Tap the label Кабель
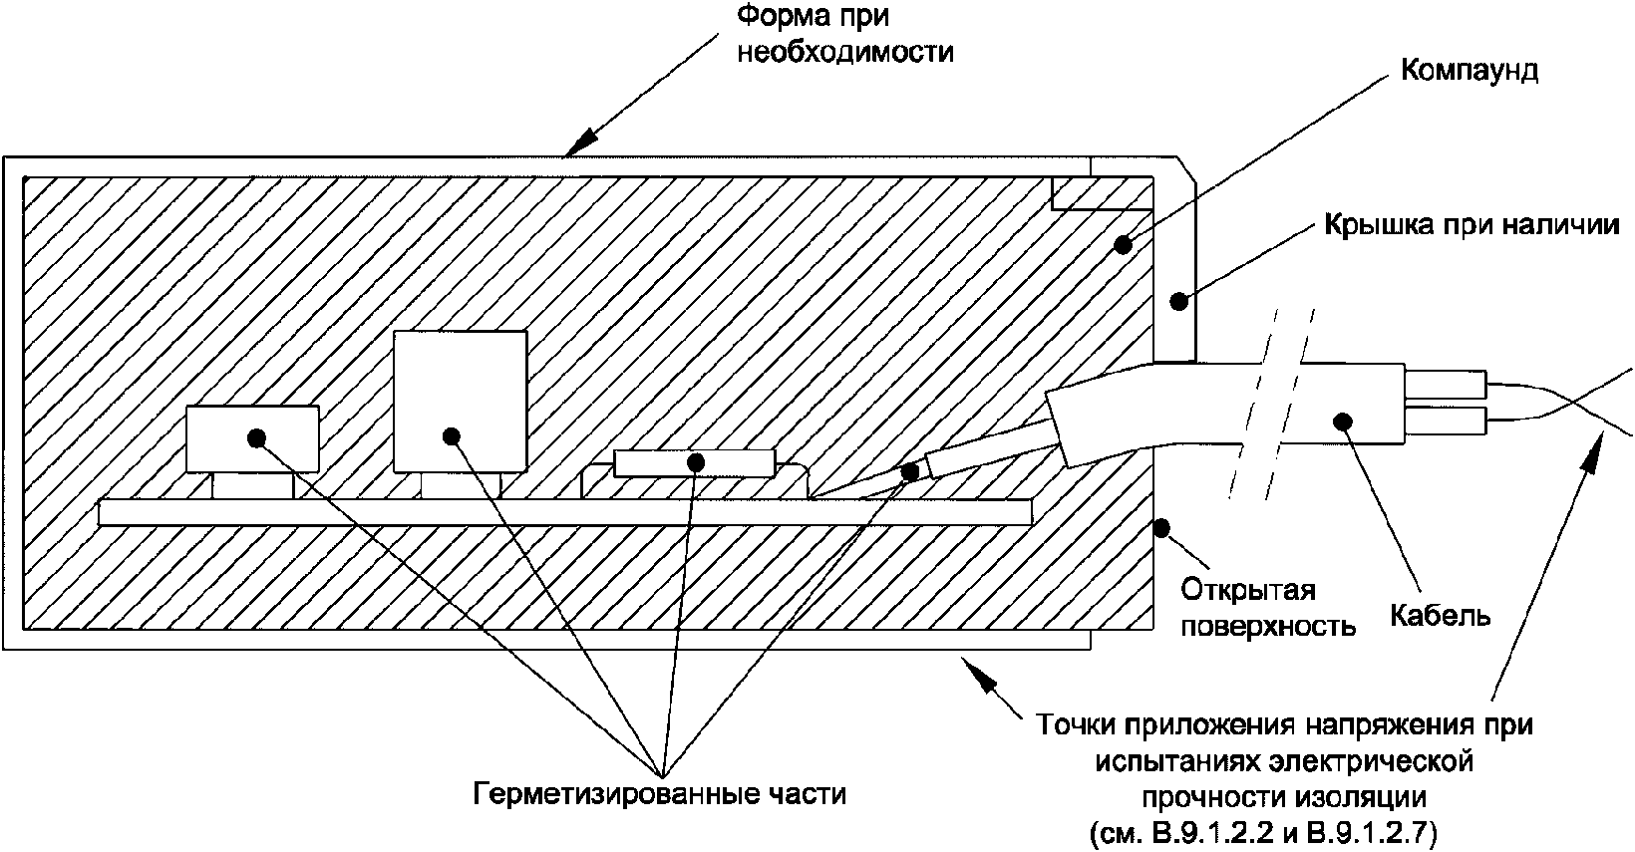pyautogui.click(x=1441, y=615)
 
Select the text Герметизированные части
pyautogui.click(x=659, y=793)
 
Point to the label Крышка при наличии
pyautogui.click(x=1471, y=224)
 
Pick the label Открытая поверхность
pyautogui.click(x=1268, y=608)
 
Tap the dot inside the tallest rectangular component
pyautogui.click(x=451, y=434)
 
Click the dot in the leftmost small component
pyautogui.click(x=257, y=436)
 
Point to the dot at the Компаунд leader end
pyautogui.click(x=1123, y=243)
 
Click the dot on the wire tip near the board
pyautogui.click(x=908, y=472)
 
